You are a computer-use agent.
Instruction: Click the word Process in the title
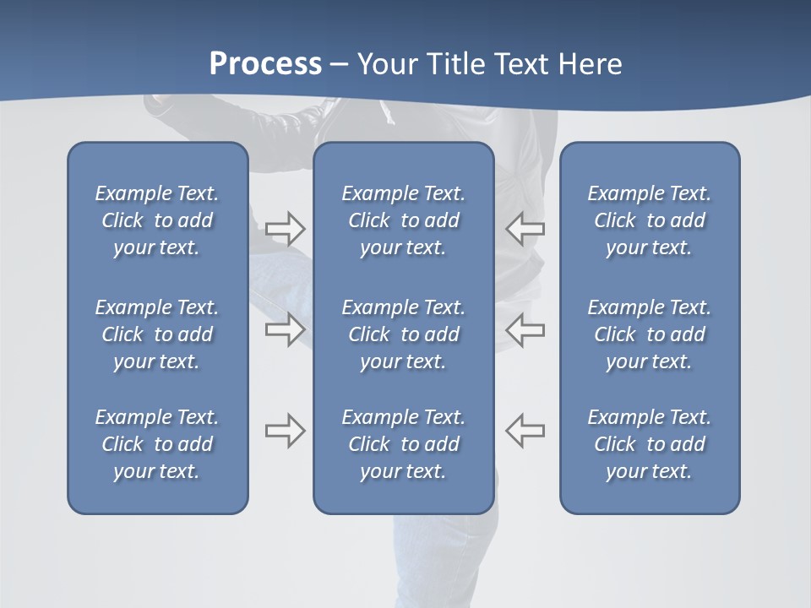[265, 64]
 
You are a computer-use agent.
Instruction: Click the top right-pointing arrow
[285, 228]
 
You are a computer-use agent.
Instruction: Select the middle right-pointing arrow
[285, 329]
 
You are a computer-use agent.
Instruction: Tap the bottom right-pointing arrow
[285, 431]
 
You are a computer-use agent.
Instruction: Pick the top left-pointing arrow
[525, 228]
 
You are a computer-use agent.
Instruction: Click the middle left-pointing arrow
[525, 329]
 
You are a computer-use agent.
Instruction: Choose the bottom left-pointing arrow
[525, 431]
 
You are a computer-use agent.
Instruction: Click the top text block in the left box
[157, 220]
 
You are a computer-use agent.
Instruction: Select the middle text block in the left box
[157, 334]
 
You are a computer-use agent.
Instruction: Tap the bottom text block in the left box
[157, 444]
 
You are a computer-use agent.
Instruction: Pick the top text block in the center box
[403, 220]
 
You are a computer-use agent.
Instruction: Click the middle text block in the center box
[403, 334]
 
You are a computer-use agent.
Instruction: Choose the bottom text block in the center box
[403, 444]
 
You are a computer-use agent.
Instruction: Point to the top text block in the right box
[649, 220]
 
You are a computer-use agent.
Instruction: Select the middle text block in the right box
[649, 334]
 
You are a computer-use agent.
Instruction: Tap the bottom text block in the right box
[649, 444]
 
